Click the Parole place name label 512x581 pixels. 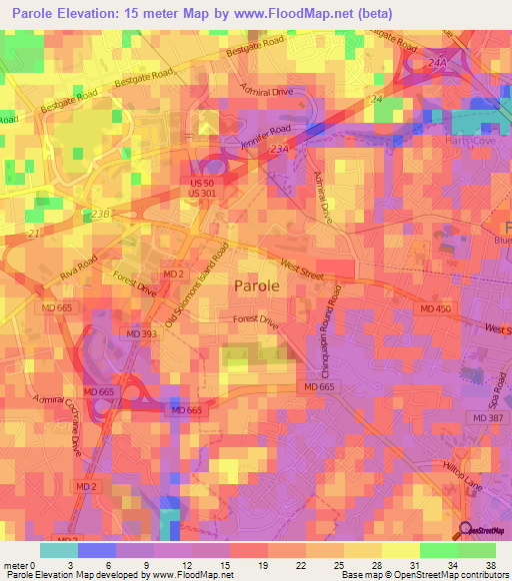click(257, 286)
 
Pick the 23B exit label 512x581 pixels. click(98, 214)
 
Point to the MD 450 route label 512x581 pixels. click(435, 308)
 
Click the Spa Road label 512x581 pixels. click(496, 383)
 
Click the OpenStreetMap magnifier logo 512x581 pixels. click(466, 530)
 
